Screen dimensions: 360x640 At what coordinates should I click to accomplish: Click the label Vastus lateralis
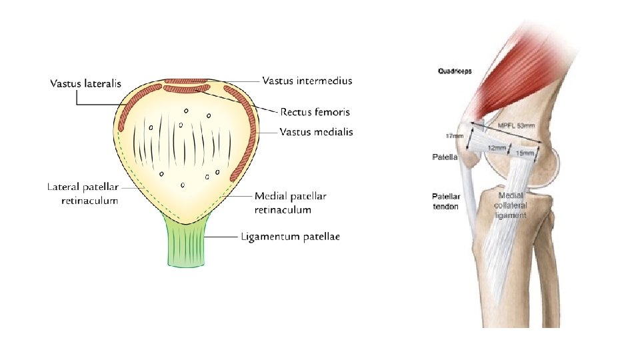coord(86,84)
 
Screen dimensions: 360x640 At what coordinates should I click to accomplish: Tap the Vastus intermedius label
coord(307,81)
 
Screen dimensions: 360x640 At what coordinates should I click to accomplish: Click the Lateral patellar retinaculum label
coord(83,193)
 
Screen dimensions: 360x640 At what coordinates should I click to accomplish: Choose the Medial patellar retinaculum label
coord(291,203)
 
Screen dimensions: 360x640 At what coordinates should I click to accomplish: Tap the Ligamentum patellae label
coord(290,238)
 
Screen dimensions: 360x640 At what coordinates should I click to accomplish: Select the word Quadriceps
coord(455,71)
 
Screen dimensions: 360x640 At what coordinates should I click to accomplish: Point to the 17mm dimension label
coord(454,136)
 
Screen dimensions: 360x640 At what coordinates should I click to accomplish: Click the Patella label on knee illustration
coord(445,158)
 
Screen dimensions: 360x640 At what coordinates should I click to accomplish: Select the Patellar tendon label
coord(445,201)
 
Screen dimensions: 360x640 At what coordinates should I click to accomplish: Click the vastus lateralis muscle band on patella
coord(132,107)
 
